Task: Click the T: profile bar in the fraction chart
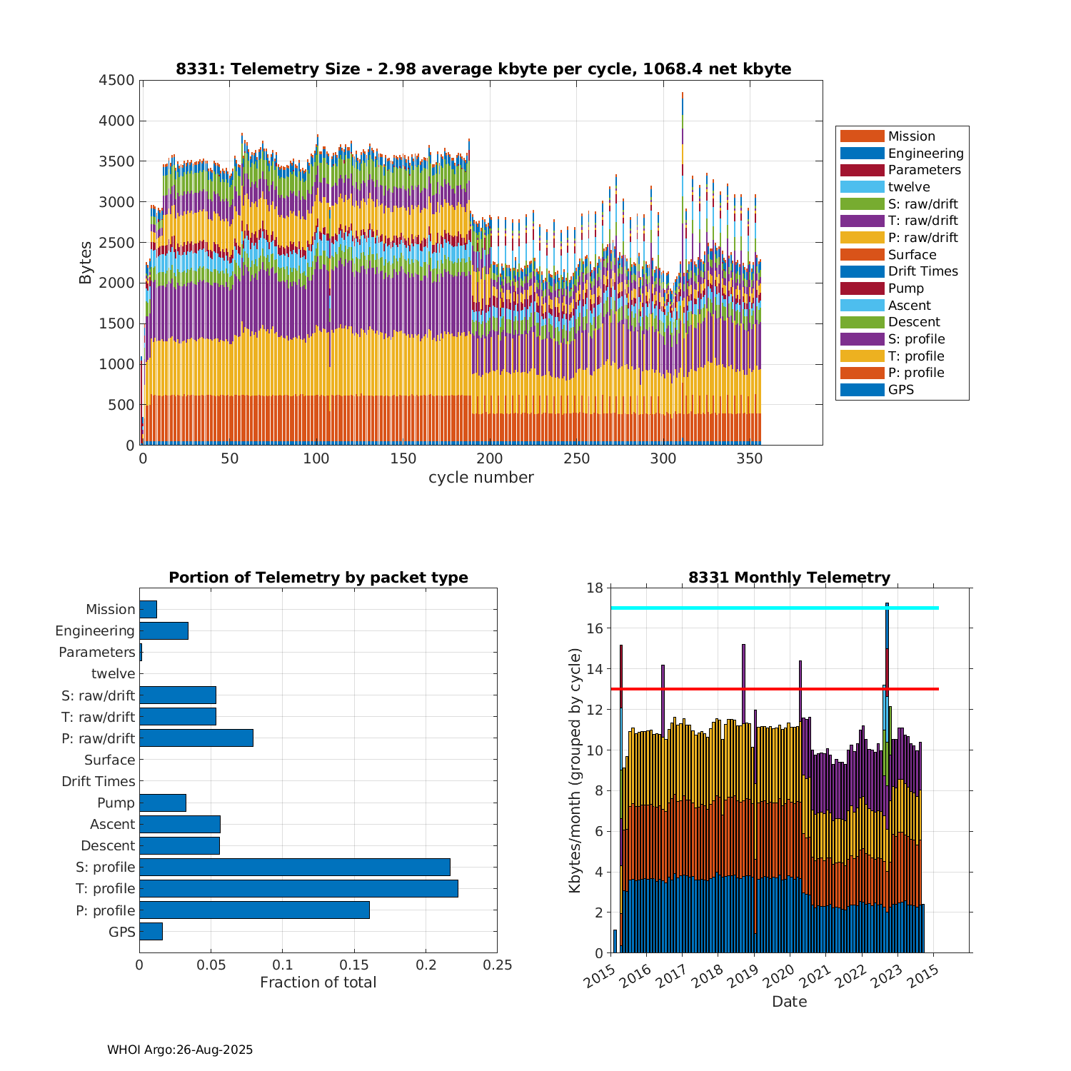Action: point(298,888)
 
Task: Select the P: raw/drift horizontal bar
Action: point(196,738)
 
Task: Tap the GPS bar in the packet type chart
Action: point(151,931)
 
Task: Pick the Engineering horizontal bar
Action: point(164,630)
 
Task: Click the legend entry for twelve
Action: point(909,187)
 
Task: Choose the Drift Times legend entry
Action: point(922,271)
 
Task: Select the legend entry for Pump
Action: point(905,288)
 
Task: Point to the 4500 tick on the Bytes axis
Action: point(116,80)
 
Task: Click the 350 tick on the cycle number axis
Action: point(750,458)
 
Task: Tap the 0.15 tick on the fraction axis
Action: point(354,965)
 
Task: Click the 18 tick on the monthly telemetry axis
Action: point(594,588)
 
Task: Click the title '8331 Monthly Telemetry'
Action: point(789,578)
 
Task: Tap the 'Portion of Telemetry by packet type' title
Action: point(318,578)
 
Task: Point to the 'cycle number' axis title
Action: point(481,478)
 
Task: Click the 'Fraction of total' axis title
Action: point(318,982)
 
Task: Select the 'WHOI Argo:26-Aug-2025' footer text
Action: point(180,1050)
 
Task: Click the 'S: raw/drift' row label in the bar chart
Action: point(99,695)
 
